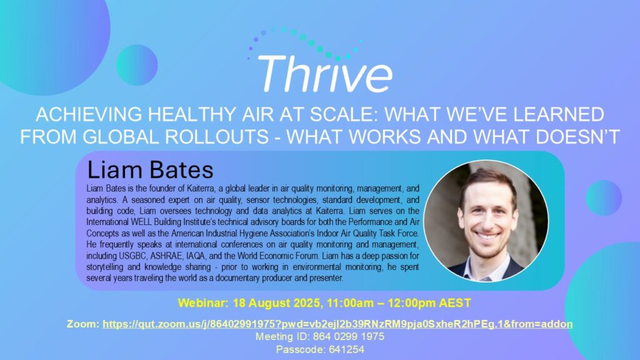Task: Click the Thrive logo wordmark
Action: tap(325, 74)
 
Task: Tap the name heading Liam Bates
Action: tap(150, 170)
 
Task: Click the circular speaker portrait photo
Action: tap(486, 221)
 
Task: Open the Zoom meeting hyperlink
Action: tap(337, 324)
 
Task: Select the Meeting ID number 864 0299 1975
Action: tap(349, 337)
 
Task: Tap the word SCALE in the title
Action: tap(344, 115)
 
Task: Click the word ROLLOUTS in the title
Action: tap(217, 137)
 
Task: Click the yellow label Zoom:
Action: tap(83, 324)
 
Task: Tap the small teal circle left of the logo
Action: tap(137, 65)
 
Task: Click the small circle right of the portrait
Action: tap(604, 198)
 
